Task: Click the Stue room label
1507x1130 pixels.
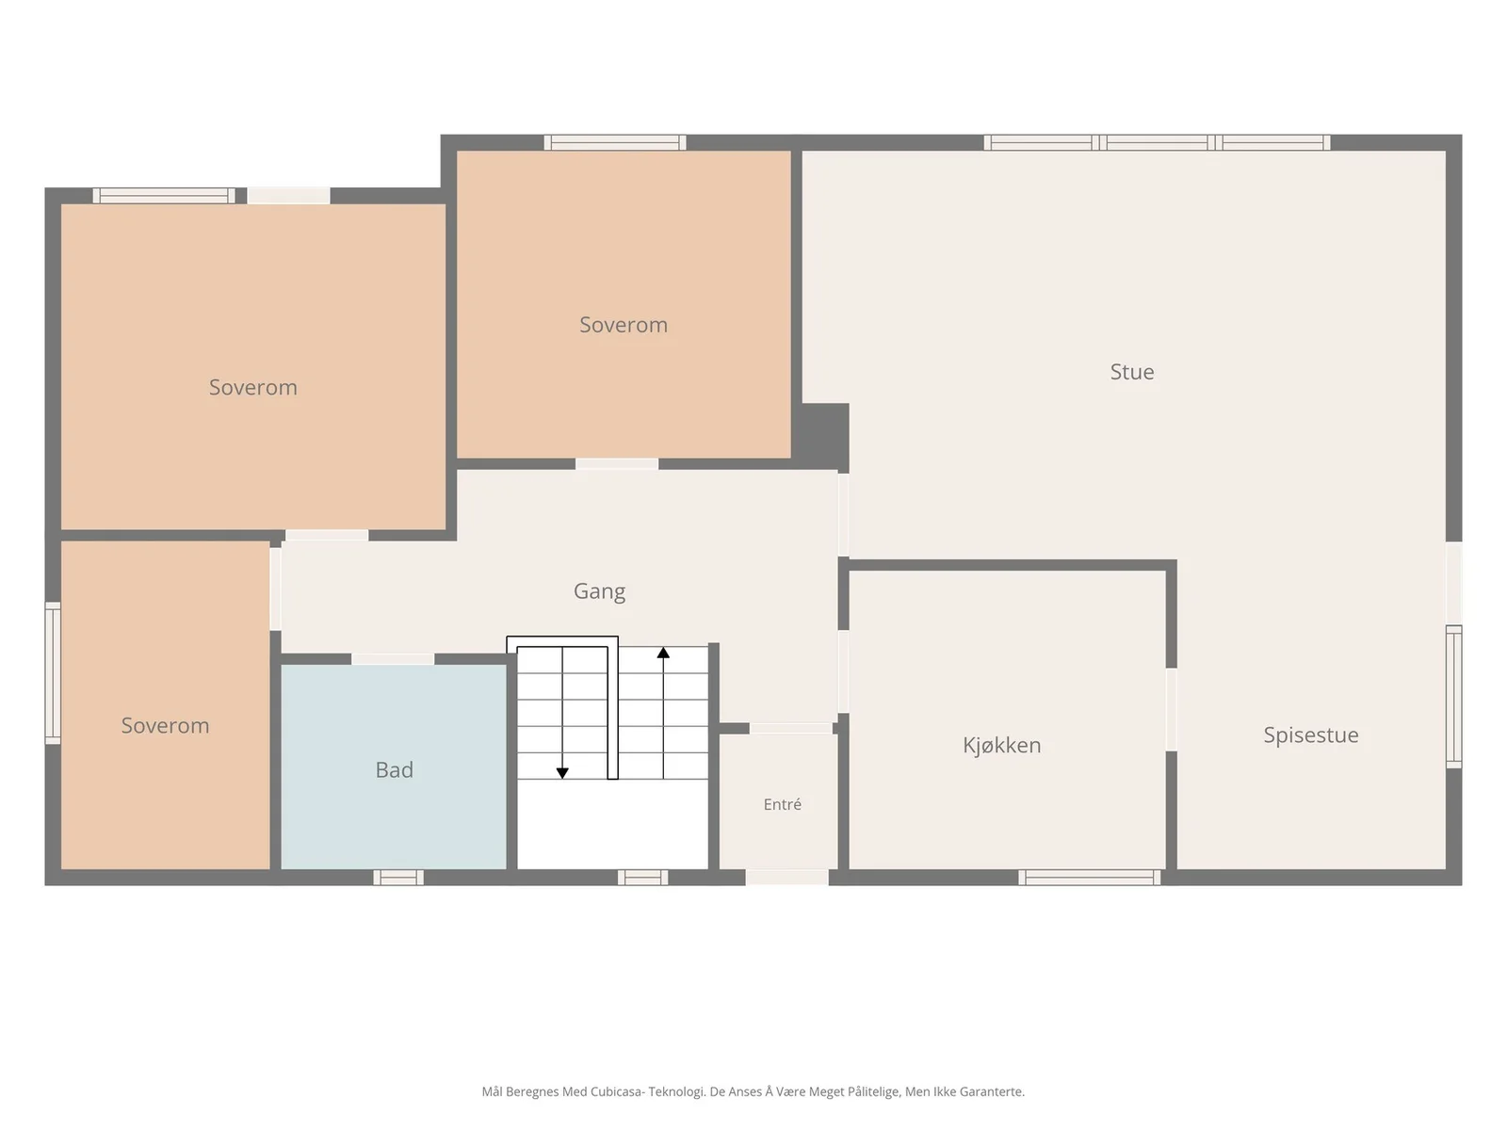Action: (1131, 372)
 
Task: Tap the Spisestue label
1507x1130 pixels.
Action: (1311, 735)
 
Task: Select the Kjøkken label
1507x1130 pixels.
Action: (1002, 745)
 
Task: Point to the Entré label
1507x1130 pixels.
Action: (782, 804)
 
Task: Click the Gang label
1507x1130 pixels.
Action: (599, 591)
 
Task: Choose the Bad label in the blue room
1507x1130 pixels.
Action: (394, 769)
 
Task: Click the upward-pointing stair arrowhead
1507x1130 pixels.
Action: (663, 653)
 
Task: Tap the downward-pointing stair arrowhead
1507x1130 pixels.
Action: (562, 773)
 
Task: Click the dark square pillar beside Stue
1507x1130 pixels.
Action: (820, 437)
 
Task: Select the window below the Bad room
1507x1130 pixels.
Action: (398, 878)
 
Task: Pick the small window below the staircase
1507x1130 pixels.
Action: (642, 878)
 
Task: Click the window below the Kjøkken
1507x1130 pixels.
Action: (1090, 878)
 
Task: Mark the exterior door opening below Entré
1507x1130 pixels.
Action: (786, 878)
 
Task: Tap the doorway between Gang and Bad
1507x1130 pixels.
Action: (393, 659)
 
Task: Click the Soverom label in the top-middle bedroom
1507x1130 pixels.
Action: (624, 325)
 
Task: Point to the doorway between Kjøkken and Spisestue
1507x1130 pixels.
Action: (1172, 709)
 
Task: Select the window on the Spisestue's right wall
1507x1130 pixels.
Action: (1453, 697)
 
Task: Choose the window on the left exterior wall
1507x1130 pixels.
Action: (53, 673)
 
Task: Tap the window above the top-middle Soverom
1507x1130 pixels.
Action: (615, 143)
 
